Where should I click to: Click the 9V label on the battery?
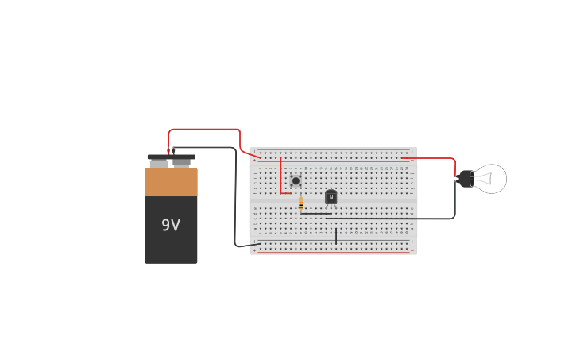tap(171, 225)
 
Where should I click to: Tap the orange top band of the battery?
tap(171, 182)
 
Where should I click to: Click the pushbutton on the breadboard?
tap(296, 181)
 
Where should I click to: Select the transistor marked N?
tap(331, 197)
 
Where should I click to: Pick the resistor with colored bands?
tap(301, 203)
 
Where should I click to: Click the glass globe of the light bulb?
tap(492, 179)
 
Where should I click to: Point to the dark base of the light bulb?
tap(465, 179)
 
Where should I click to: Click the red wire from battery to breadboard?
tap(204, 129)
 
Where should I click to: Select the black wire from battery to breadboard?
tap(235, 199)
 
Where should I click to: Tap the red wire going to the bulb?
tap(433, 158)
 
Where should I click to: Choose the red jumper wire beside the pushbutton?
tap(280, 176)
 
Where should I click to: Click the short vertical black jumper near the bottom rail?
tap(336, 236)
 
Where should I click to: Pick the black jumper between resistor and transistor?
tap(316, 213)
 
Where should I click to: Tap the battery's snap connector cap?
tap(171, 157)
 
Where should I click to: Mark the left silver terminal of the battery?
tap(159, 164)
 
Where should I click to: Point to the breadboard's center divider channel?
tap(334, 204)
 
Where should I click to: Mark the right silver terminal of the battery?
tap(183, 164)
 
